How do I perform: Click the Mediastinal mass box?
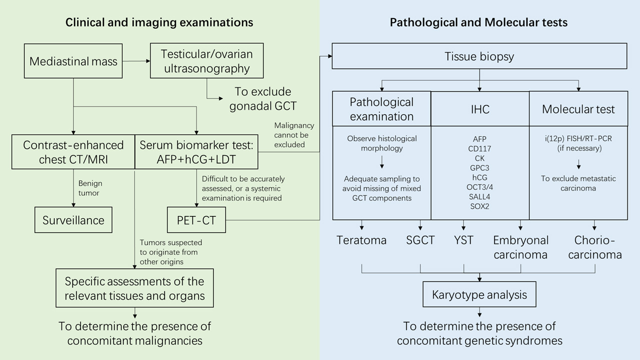73,61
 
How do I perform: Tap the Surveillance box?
73,220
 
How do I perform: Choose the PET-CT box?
196,220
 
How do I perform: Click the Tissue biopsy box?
479,56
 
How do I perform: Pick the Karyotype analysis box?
479,294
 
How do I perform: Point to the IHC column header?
480,108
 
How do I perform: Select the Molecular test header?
578,108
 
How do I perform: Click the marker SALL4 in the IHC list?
480,196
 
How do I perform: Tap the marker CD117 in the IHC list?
480,148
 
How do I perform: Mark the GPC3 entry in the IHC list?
480,168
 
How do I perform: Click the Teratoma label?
361,240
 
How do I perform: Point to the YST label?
464,240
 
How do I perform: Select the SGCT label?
420,240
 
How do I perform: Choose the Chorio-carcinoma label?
595,247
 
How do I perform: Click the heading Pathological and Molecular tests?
478,22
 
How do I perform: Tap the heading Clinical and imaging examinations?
159,22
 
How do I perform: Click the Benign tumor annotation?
89,188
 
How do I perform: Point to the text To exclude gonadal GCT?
263,98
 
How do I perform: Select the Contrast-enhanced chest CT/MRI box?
73,152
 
